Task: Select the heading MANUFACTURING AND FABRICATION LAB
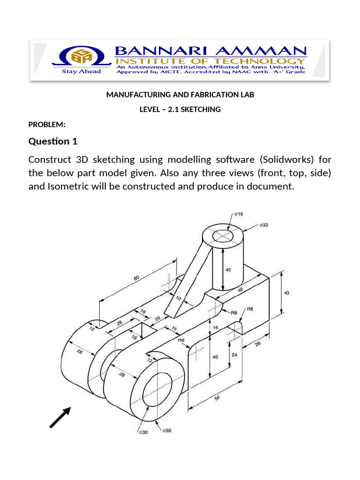(x=180, y=95)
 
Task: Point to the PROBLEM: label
(x=47, y=124)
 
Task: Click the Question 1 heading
(x=53, y=141)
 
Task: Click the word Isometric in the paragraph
(x=67, y=186)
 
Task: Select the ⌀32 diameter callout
(x=264, y=225)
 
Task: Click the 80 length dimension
(x=136, y=278)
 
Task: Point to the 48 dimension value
(x=240, y=290)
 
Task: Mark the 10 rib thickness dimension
(x=178, y=298)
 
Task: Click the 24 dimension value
(x=234, y=355)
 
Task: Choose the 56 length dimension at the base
(x=217, y=398)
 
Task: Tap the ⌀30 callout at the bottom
(x=143, y=432)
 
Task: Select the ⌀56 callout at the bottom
(x=166, y=430)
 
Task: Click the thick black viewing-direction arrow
(x=60, y=417)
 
